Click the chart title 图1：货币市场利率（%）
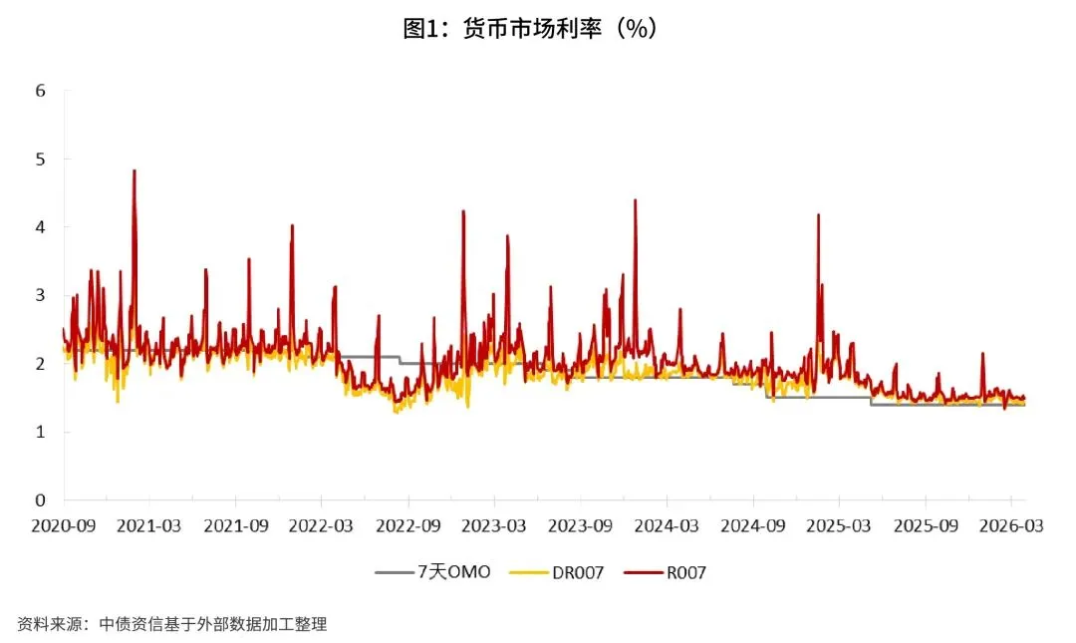(x=530, y=28)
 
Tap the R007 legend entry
(x=665, y=572)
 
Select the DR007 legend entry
(x=557, y=572)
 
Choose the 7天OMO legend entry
(x=433, y=571)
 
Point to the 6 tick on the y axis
(x=41, y=91)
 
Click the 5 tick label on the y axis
(x=41, y=160)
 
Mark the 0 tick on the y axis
(x=41, y=500)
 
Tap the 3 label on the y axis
(x=41, y=295)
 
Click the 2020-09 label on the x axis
(x=63, y=525)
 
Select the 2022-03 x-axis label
(x=321, y=525)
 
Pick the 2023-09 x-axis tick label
(x=580, y=525)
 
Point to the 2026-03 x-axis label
(x=1011, y=525)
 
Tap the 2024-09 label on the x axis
(x=753, y=525)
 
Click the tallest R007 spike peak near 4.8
(x=134, y=170)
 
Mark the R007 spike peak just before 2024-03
(x=635, y=200)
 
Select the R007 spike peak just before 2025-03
(x=818, y=215)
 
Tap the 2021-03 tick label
(x=148, y=525)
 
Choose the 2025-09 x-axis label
(x=926, y=525)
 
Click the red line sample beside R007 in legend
(x=643, y=572)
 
